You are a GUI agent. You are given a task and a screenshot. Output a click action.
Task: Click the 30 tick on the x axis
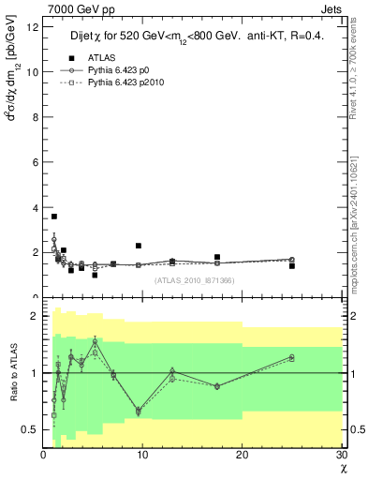[342, 456]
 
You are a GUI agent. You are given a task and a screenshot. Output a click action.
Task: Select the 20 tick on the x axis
[243, 456]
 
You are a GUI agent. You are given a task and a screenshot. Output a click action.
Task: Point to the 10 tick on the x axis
[143, 456]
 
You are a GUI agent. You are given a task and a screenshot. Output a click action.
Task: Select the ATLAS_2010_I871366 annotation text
[194, 280]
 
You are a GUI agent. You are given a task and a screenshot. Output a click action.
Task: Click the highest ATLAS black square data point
[54, 217]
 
